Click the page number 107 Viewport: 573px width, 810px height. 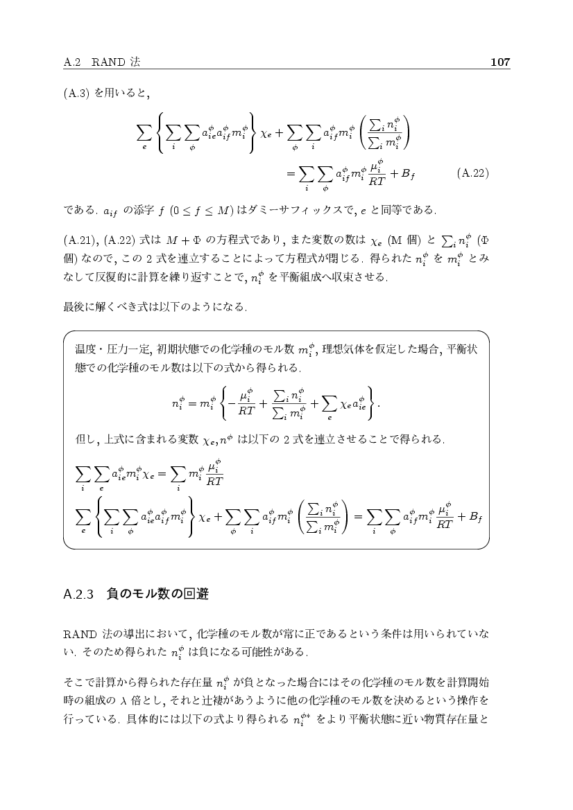tap(500, 62)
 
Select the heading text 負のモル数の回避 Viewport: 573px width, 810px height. tap(158, 595)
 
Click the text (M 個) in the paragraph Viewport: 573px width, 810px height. tap(396, 240)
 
